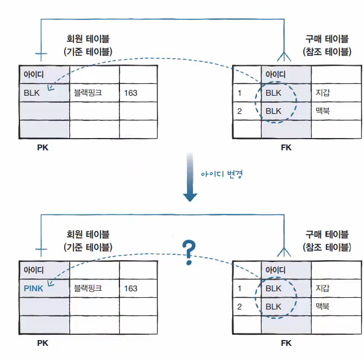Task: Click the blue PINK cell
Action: click(x=34, y=288)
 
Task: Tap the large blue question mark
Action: click(x=188, y=251)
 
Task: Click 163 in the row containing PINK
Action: click(x=131, y=288)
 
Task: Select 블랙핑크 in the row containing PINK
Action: click(x=88, y=288)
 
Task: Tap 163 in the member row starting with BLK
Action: click(x=131, y=93)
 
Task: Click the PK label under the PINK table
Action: click(x=42, y=343)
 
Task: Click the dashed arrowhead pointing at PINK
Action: click(x=49, y=283)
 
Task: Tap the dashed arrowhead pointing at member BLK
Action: click(x=49, y=88)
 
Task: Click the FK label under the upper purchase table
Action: click(x=286, y=147)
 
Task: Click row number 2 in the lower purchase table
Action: click(x=240, y=307)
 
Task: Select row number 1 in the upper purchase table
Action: click(x=240, y=93)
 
